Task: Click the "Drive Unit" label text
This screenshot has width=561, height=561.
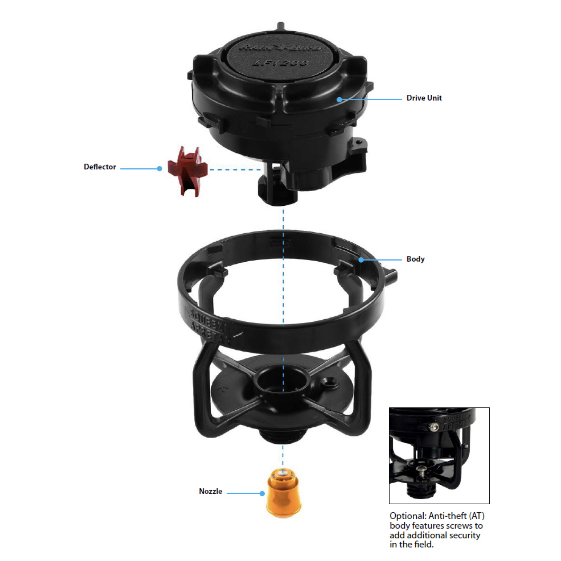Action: (x=424, y=98)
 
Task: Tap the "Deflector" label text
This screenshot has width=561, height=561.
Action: (x=100, y=167)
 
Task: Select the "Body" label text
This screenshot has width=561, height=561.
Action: (x=415, y=259)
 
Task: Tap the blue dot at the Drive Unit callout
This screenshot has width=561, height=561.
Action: (x=339, y=100)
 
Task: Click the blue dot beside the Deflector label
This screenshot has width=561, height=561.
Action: (x=159, y=169)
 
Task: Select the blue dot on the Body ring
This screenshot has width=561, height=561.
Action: (x=361, y=260)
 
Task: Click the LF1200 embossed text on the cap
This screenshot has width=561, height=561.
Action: (x=280, y=63)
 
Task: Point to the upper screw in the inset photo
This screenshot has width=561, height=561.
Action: (x=434, y=426)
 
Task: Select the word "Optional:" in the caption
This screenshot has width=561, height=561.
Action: (x=408, y=516)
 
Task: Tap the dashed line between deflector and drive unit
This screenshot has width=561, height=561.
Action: (x=235, y=169)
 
